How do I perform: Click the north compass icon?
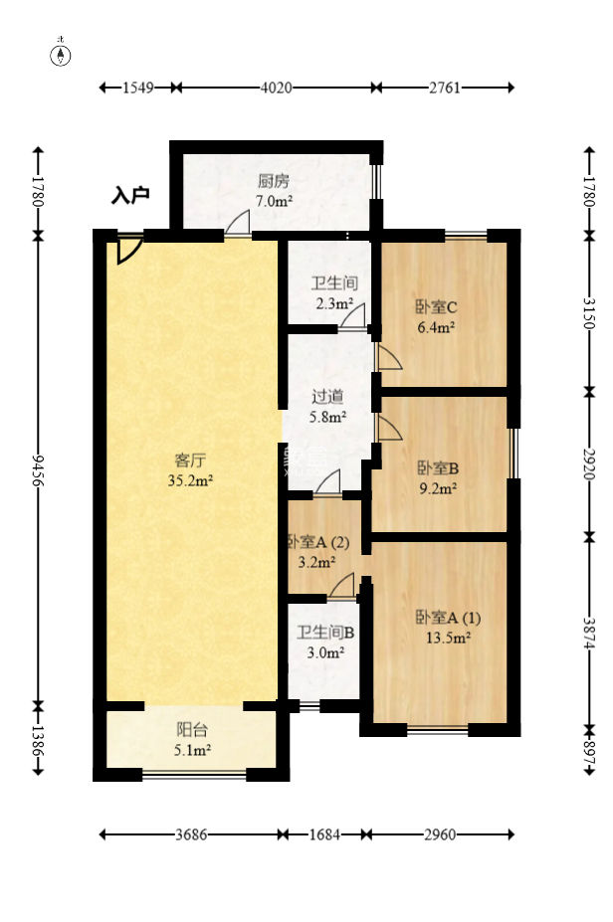tap(61, 54)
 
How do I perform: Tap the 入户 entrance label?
tap(130, 195)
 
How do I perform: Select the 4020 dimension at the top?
tap(276, 88)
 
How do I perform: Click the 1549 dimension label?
tap(137, 88)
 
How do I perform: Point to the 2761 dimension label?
tap(445, 88)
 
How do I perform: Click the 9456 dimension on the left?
tap(38, 469)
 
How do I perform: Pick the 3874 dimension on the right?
tap(589, 633)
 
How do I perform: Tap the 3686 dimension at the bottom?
tap(191, 834)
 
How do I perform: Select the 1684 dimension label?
tap(324, 834)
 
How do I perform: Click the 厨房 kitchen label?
tap(274, 181)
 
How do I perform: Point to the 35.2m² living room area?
tap(190, 481)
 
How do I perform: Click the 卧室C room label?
tap(436, 307)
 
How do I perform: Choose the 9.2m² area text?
tap(438, 488)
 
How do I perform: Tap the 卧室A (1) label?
tap(448, 618)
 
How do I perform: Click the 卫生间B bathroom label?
tap(325, 633)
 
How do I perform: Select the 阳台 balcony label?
tap(192, 730)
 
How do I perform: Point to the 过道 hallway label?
tap(327, 398)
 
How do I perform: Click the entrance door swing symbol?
tap(128, 250)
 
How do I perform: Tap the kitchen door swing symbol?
tap(238, 224)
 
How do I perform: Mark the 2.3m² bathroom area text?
tap(334, 304)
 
